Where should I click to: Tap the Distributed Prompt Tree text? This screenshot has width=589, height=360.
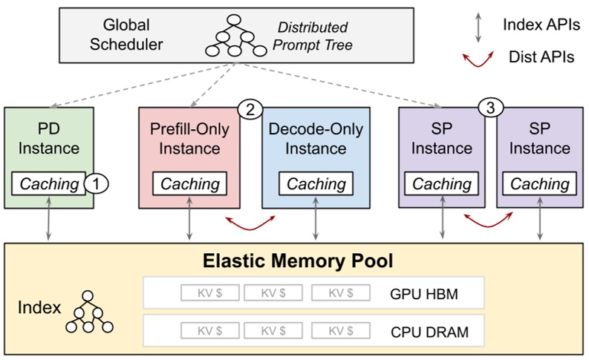point(312,36)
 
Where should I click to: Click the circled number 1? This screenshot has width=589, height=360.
point(94,181)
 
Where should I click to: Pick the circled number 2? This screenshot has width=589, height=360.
point(250,110)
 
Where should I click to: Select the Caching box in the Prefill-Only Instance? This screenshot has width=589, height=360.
point(190,183)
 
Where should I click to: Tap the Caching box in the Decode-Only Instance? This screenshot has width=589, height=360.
point(316,183)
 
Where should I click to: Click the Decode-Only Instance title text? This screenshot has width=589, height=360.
point(316,139)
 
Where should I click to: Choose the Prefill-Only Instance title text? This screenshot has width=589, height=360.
point(190,139)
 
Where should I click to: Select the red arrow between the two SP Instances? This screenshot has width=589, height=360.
point(488,220)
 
